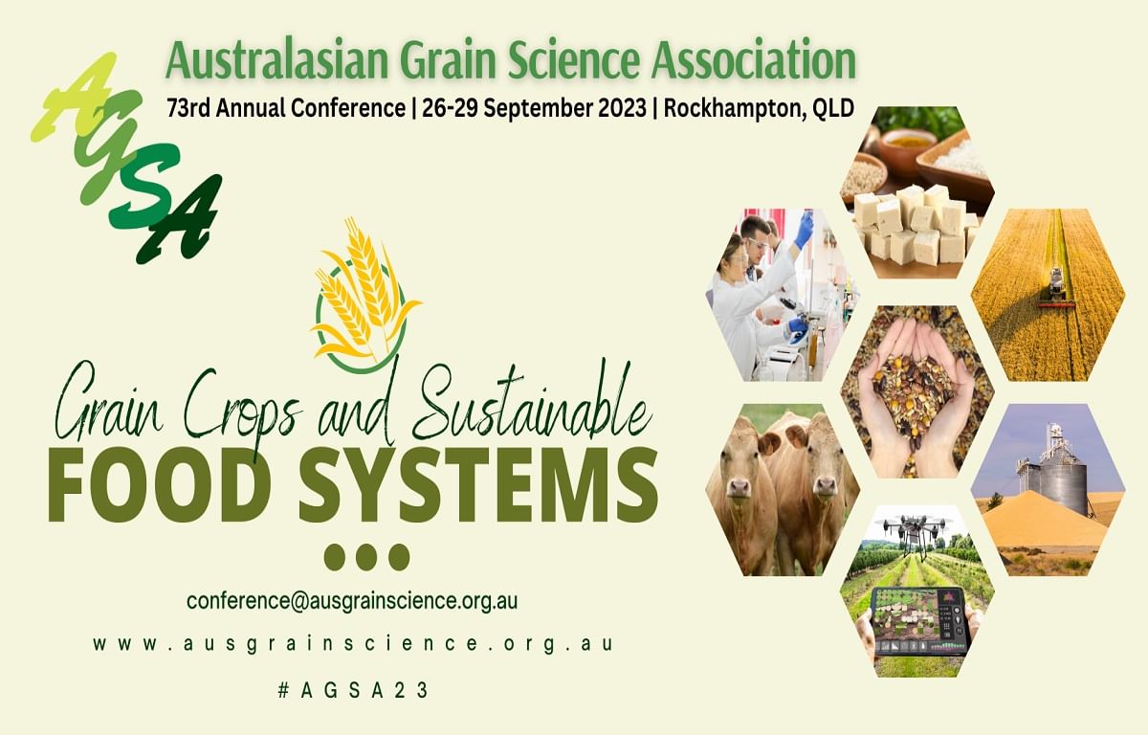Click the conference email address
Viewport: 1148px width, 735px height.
tap(352, 601)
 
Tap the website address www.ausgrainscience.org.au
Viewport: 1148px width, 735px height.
tap(352, 644)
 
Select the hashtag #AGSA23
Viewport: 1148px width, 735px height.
tap(352, 689)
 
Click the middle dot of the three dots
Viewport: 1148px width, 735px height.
tap(366, 557)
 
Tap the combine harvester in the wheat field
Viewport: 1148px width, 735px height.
tap(1056, 285)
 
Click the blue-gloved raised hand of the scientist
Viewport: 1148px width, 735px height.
tap(804, 230)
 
